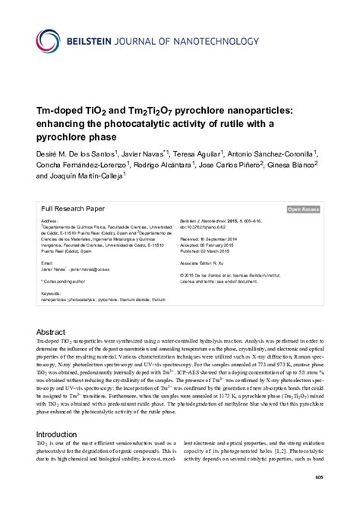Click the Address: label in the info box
(50, 221)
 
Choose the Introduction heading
(62, 443)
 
